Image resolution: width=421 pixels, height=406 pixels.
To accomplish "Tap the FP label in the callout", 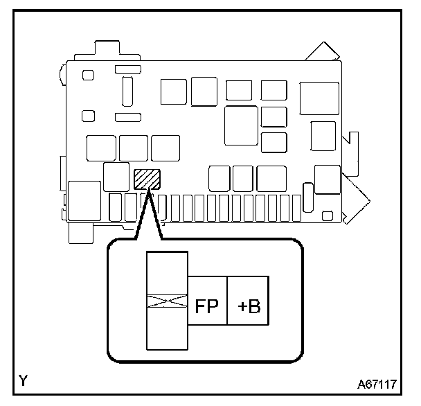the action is pos(208,306).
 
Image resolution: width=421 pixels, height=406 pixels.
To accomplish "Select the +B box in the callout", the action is pos(249,306).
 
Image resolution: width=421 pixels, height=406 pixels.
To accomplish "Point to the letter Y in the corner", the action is pos(24,380).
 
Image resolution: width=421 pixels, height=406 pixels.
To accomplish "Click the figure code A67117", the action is pos(377,383).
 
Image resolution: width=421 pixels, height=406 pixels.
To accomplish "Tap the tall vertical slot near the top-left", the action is pos(127,89).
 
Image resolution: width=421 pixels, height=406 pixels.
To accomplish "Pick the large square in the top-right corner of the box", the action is pos(315,98).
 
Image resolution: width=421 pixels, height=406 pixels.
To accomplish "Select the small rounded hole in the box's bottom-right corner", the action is pos(328,213).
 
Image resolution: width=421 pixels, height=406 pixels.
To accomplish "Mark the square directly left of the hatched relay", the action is pos(114,176).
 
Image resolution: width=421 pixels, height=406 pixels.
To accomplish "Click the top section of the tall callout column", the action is pos(167,272).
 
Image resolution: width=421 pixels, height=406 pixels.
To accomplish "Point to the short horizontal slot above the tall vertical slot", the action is pos(127,69).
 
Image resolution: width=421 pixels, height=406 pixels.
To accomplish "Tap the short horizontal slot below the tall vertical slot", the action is pos(127,116).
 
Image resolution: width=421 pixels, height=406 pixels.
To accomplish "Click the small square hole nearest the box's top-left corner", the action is pos(88,75).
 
